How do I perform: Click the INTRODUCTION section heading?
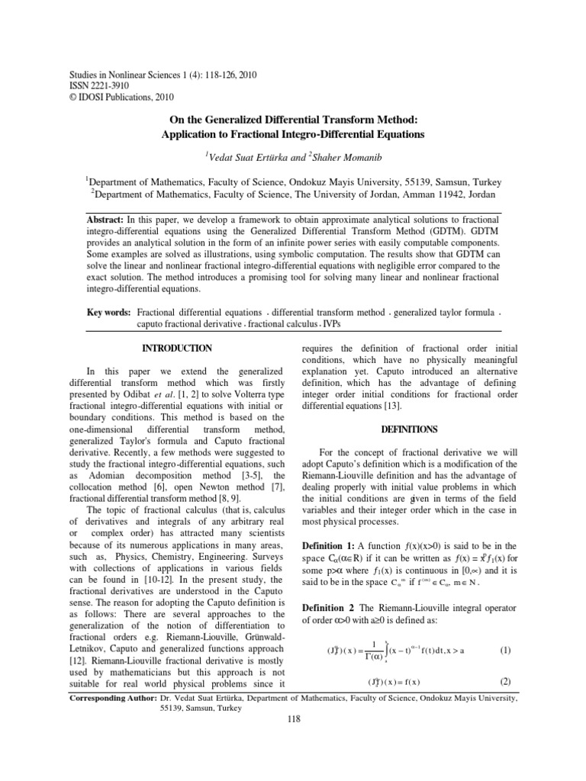178,348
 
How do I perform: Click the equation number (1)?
504,651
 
